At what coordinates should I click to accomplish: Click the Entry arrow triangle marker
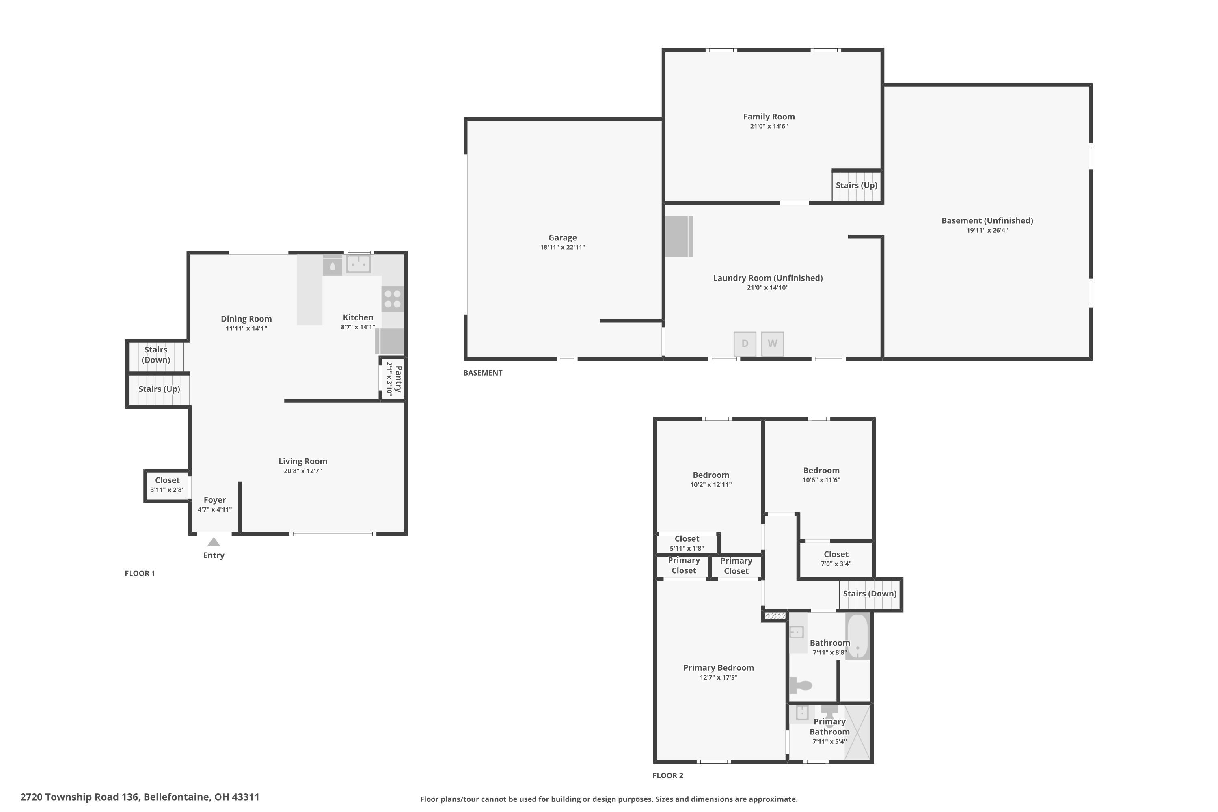tap(214, 542)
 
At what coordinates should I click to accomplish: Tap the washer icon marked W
tap(772, 344)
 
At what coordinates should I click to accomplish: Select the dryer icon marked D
tap(745, 344)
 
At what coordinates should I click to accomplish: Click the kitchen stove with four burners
tap(393, 299)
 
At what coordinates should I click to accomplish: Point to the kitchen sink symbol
tap(358, 263)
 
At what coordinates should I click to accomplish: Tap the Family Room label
tap(769, 117)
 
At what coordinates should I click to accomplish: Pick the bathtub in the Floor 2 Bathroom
tap(857, 636)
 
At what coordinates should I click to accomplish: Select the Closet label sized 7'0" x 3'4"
tap(836, 555)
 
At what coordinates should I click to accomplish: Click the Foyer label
tap(214, 500)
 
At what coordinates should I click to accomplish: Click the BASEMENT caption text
tap(483, 373)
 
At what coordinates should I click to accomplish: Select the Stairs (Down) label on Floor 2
tap(870, 594)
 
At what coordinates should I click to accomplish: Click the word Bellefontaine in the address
tap(177, 797)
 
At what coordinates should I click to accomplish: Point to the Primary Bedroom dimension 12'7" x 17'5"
tap(718, 677)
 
